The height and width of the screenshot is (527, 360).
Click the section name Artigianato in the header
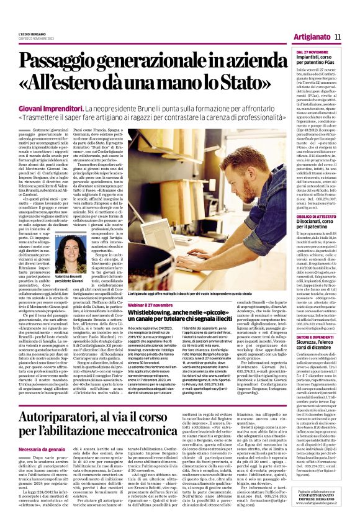[x=311, y=37]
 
